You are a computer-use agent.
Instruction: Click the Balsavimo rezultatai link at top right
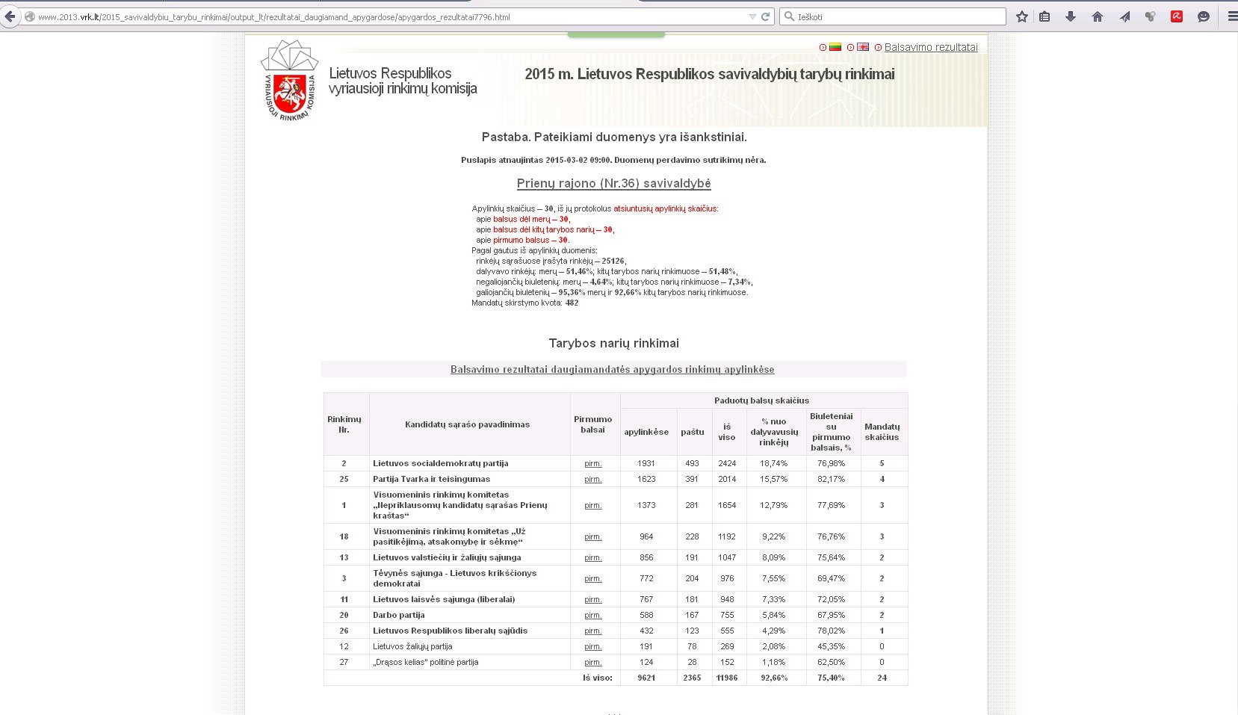tap(930, 47)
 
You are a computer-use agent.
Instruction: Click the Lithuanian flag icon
tap(835, 47)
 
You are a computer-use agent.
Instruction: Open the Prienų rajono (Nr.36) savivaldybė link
tap(613, 183)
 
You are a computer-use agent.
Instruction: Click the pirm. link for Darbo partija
tap(592, 615)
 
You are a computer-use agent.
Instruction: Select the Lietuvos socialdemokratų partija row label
tap(440, 463)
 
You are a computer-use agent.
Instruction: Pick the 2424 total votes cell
tap(727, 463)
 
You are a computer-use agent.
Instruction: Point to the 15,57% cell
tap(773, 479)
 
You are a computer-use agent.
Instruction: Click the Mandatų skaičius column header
tap(882, 432)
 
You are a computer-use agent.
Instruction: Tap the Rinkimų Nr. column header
tap(344, 424)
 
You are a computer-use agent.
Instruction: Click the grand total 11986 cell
tap(727, 678)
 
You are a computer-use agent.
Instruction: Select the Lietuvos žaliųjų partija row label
tap(412, 646)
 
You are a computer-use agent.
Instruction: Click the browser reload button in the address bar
tap(765, 16)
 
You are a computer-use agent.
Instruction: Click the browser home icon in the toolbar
tap(1098, 16)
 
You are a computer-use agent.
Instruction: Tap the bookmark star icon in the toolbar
tap(1021, 16)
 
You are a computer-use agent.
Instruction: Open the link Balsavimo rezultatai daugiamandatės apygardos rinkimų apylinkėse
tap(612, 369)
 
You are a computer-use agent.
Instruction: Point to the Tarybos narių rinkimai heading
tap(613, 343)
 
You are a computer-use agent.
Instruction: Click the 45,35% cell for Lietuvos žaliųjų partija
tap(831, 646)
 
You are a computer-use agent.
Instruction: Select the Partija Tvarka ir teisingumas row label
tap(431, 479)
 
